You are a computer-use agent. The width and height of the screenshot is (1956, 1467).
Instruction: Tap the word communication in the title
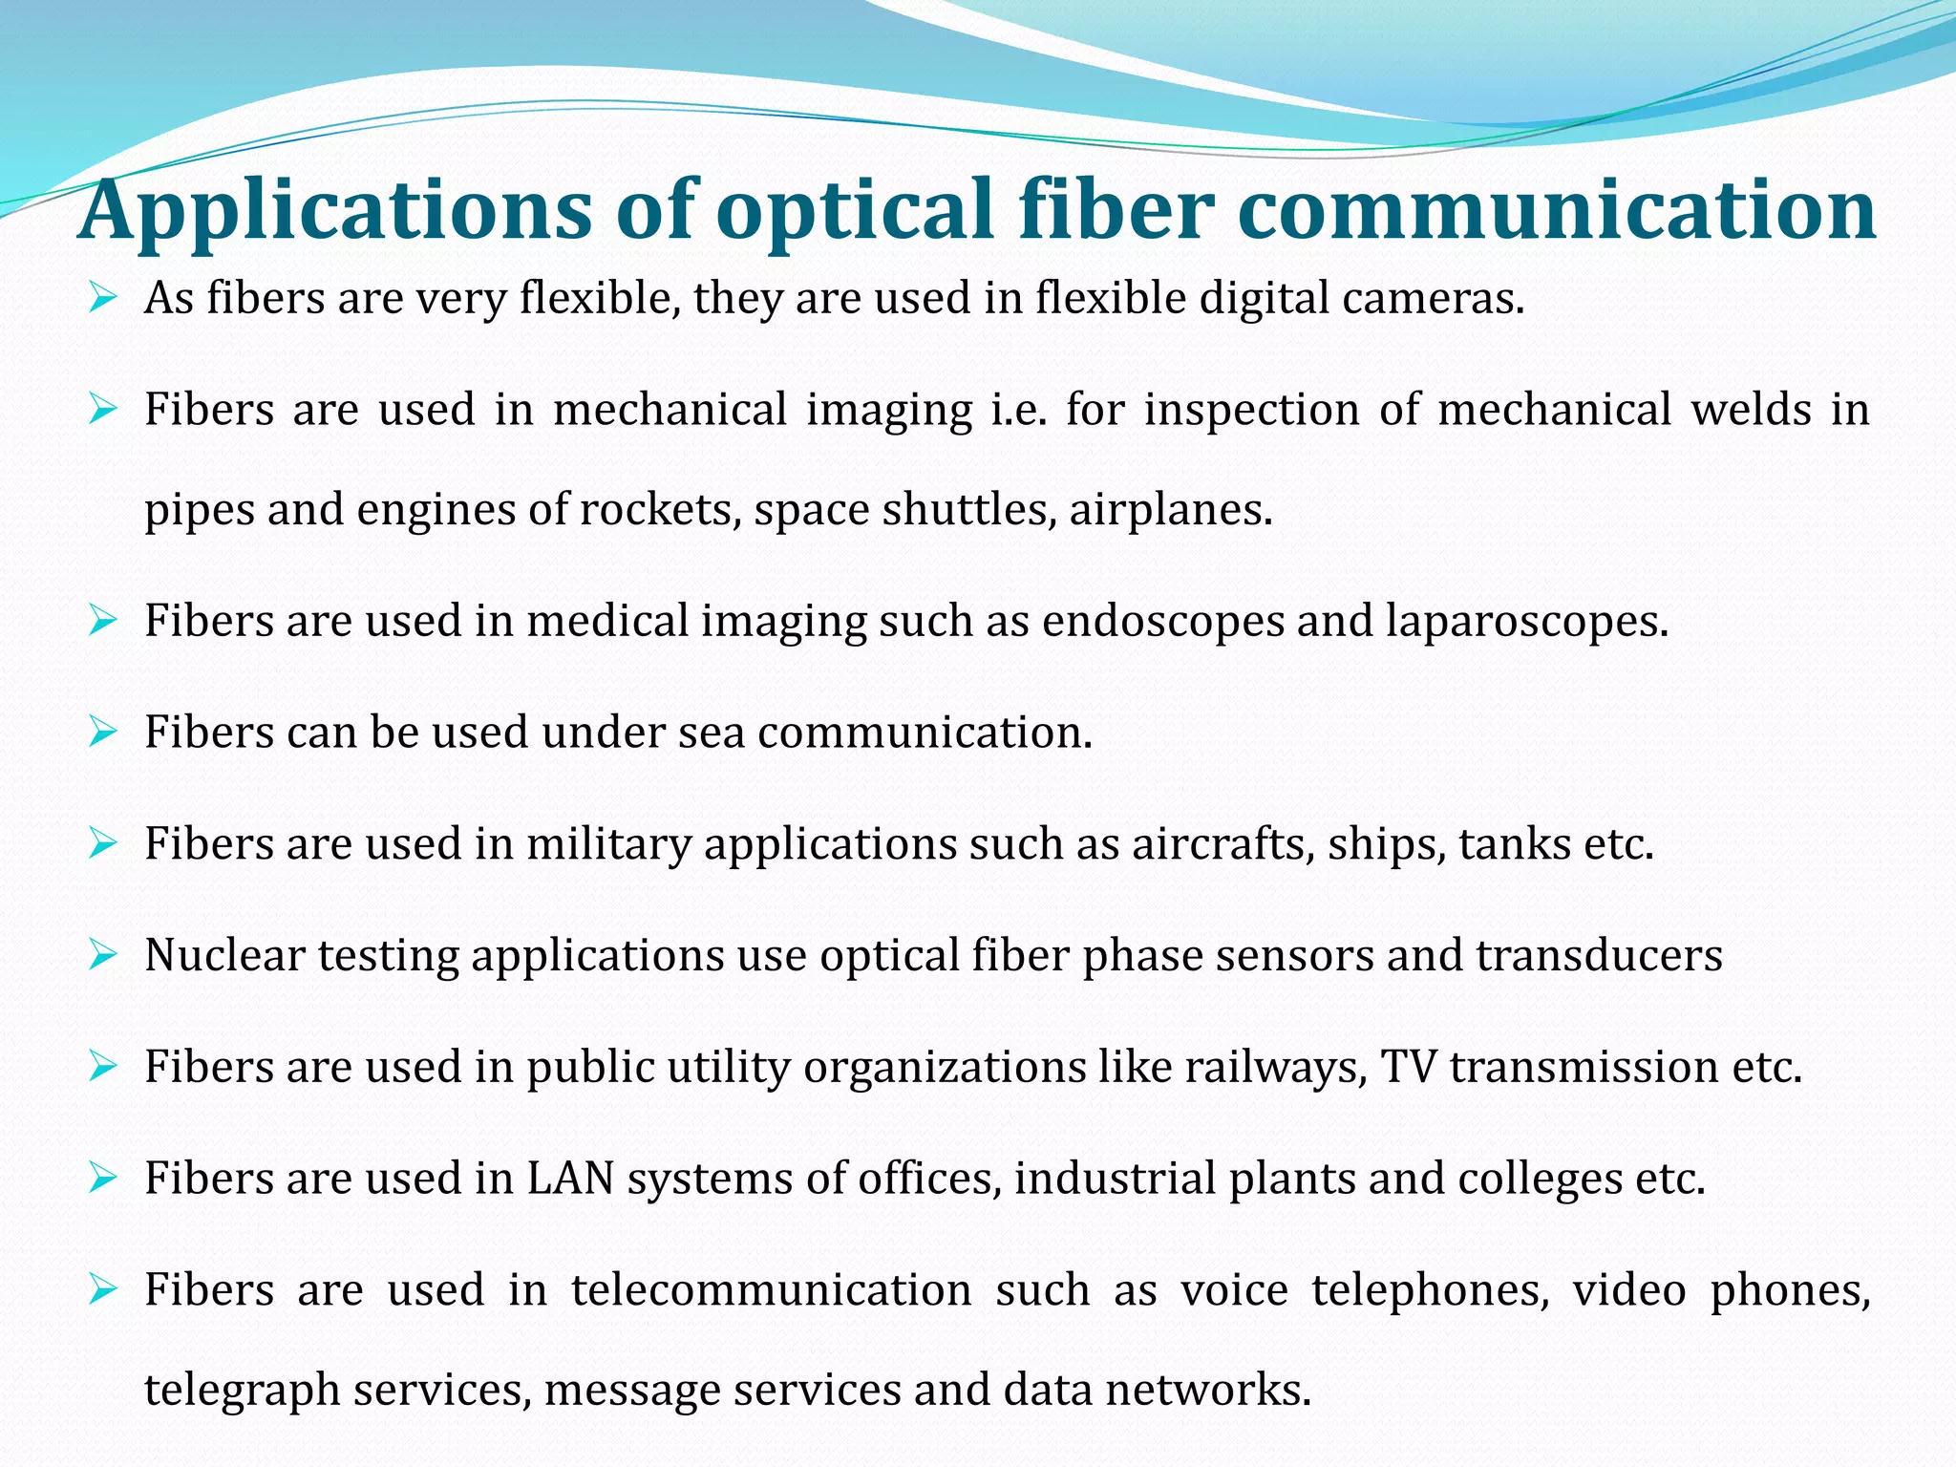[1557, 211]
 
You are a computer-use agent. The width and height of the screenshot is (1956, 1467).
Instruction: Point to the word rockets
[660, 509]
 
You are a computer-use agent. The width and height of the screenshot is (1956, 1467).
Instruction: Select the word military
[608, 844]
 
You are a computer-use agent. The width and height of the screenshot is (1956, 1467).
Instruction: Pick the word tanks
[1515, 844]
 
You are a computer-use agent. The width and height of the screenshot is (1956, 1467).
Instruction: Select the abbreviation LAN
[570, 1179]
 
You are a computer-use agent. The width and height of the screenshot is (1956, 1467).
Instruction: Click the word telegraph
[243, 1390]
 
